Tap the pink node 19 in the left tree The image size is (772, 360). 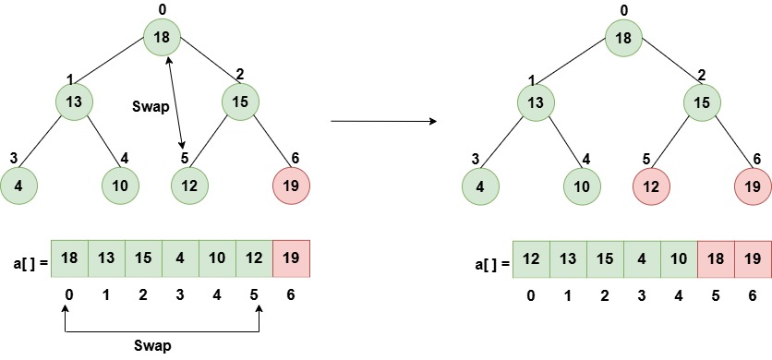tap(292, 185)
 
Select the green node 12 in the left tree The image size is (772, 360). tap(190, 185)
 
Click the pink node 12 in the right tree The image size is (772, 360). tap(652, 185)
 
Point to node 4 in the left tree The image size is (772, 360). tap(18, 185)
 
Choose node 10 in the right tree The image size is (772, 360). tap(582, 185)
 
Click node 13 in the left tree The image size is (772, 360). tap(74, 101)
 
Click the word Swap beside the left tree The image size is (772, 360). tap(149, 106)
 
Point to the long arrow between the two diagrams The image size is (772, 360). tap(383, 121)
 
